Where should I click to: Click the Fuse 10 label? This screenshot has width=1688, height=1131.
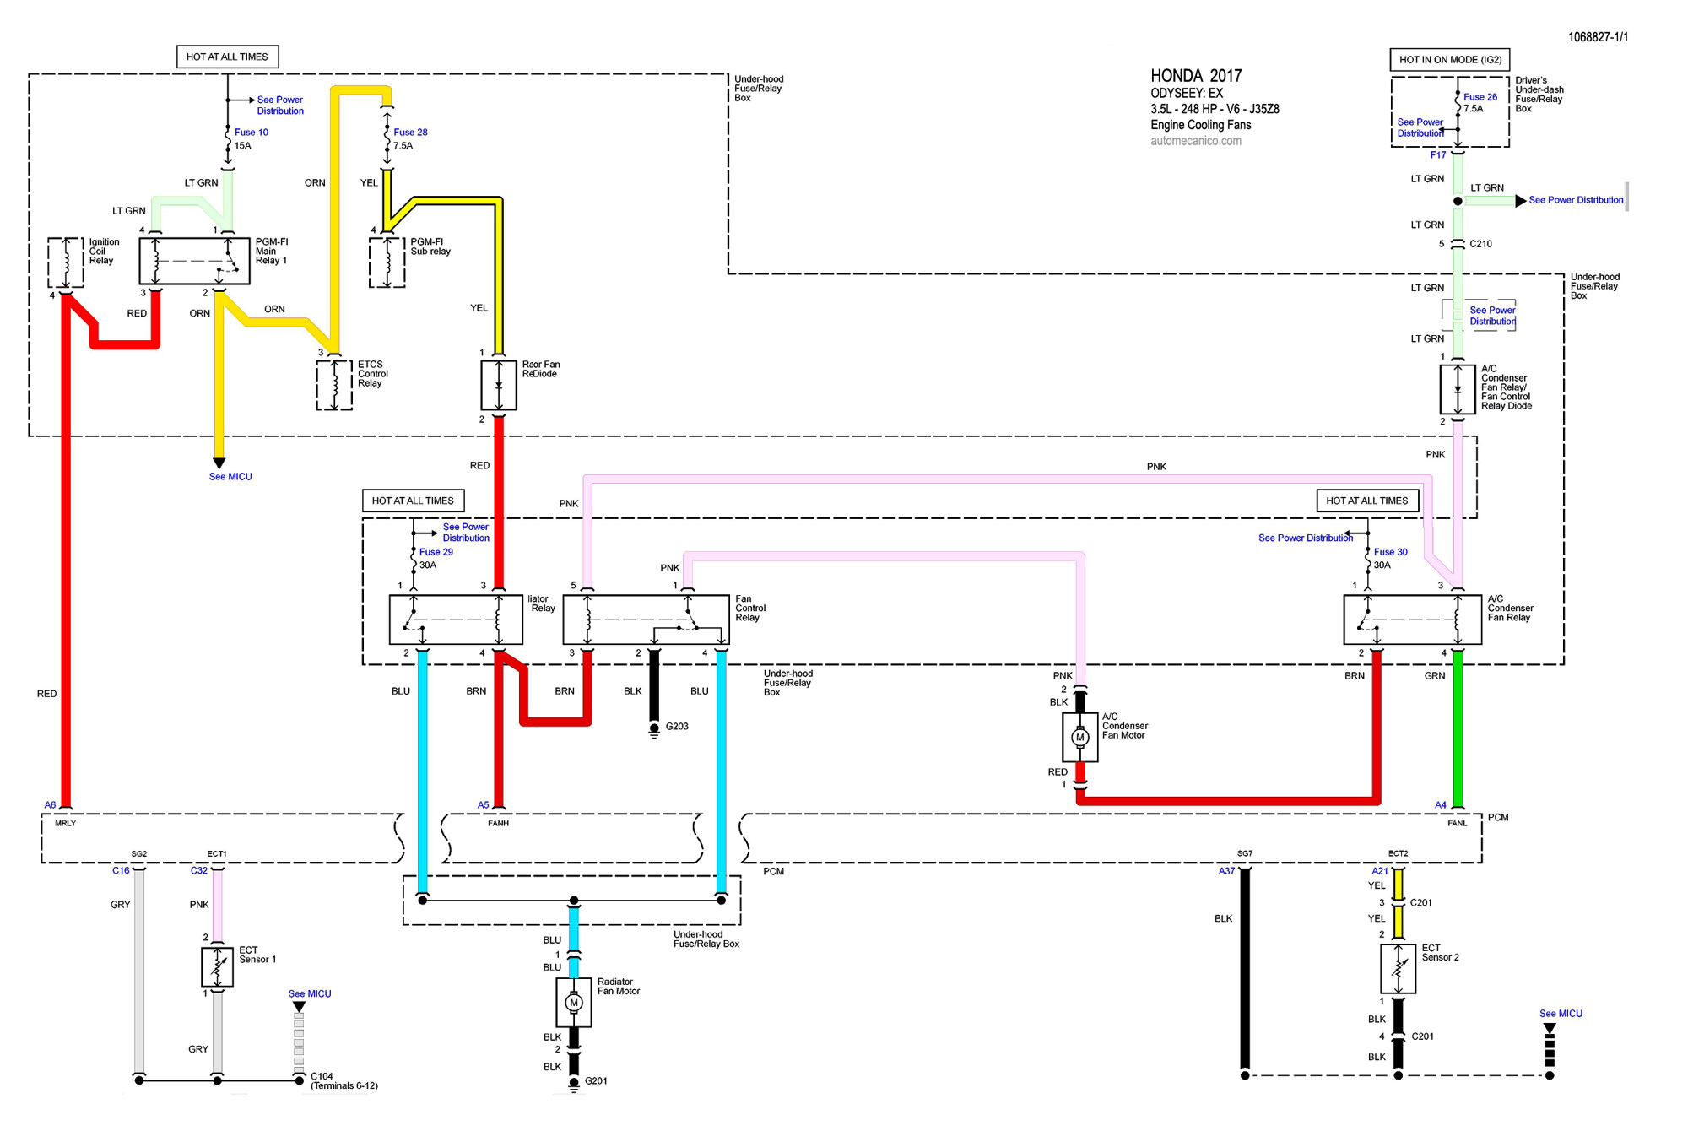click(x=251, y=133)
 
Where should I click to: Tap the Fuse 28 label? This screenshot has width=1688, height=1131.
click(x=410, y=133)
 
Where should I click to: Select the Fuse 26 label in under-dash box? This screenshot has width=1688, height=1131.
click(x=1480, y=97)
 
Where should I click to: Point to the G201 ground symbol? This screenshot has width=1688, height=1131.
click(x=574, y=1084)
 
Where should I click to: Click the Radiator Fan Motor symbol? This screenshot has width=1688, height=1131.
click(x=574, y=1003)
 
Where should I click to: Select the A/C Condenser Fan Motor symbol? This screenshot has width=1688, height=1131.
click(x=1079, y=738)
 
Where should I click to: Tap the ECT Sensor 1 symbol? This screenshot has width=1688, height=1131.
click(x=217, y=967)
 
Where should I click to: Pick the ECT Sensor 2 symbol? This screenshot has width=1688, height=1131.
click(x=1398, y=969)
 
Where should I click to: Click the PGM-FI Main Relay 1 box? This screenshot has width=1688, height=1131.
click(x=194, y=261)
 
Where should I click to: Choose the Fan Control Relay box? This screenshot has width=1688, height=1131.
click(x=646, y=620)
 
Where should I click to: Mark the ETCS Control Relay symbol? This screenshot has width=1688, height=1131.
click(x=334, y=385)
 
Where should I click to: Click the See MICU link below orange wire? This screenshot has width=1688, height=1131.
click(x=230, y=477)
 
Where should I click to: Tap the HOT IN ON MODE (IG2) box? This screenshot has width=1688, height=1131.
click(x=1449, y=60)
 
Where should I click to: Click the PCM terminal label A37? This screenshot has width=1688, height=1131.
click(x=1226, y=871)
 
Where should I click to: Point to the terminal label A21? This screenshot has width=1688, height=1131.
click(x=1379, y=871)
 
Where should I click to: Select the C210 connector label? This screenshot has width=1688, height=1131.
click(x=1480, y=244)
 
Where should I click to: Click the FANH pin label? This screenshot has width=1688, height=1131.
click(x=498, y=823)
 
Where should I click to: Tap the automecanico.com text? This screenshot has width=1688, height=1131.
click(x=1195, y=141)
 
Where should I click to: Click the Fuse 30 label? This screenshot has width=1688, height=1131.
click(x=1390, y=552)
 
